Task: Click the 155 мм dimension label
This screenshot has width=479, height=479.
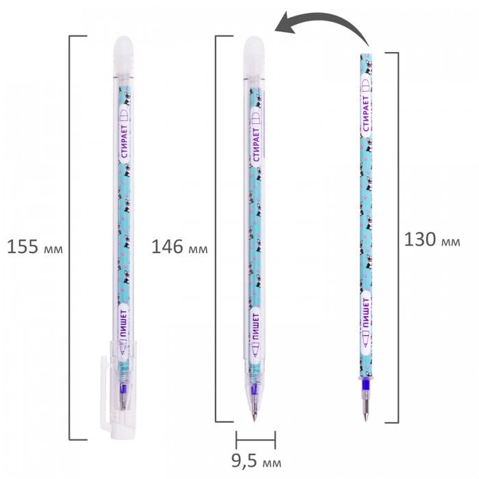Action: click(x=35, y=246)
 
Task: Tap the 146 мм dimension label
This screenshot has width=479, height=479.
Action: click(x=179, y=246)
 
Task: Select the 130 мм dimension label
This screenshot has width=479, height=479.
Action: click(x=432, y=239)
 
